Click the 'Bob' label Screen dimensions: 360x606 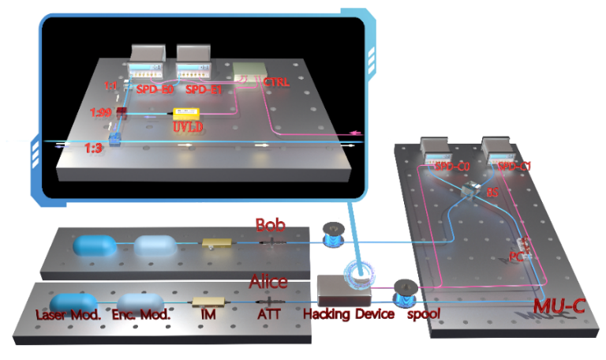click(x=270, y=225)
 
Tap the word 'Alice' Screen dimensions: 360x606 click(x=268, y=282)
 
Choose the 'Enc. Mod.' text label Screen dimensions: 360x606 click(x=140, y=314)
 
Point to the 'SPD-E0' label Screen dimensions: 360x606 click(x=155, y=89)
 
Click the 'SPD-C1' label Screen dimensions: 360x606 click(x=514, y=167)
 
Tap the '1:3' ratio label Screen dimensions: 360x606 click(x=95, y=148)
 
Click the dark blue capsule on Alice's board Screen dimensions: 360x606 click(x=73, y=302)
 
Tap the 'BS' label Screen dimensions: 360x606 click(x=493, y=192)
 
